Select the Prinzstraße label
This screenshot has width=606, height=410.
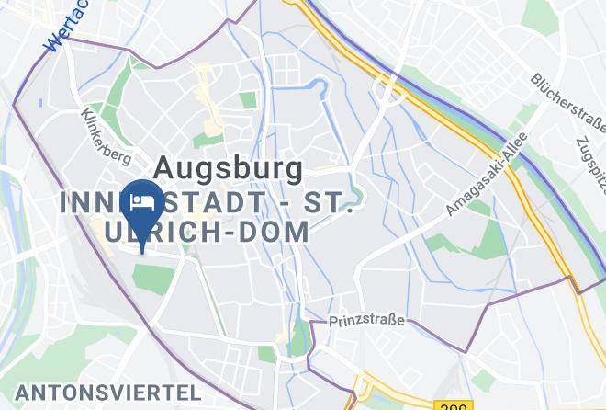pos(366,322)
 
